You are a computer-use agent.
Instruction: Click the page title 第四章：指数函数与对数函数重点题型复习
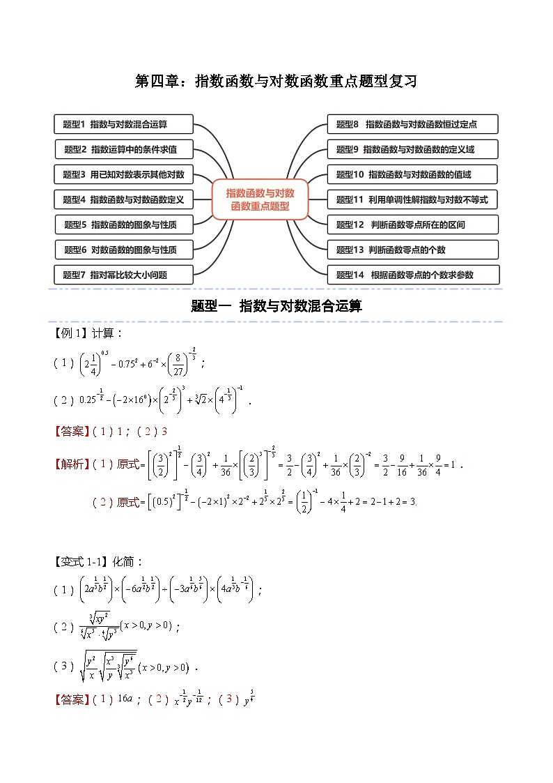tap(276, 82)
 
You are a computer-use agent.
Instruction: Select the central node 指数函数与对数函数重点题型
tap(260, 199)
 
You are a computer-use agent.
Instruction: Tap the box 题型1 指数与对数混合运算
tap(123, 124)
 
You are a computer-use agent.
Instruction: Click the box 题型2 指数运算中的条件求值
tap(124, 149)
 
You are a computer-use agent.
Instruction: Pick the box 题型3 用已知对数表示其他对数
tap(123, 174)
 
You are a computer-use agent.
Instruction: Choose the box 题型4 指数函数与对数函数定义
tap(123, 199)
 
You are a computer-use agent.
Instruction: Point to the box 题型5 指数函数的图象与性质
tap(124, 225)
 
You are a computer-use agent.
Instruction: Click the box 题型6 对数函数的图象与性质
tap(124, 250)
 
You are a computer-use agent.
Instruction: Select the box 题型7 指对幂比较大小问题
tap(123, 275)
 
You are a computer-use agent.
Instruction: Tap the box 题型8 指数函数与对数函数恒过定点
tap(412, 124)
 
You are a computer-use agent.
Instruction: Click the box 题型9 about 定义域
tap(412, 149)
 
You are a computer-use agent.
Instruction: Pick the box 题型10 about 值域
tap(412, 174)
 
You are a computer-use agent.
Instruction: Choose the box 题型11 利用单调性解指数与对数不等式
tap(412, 199)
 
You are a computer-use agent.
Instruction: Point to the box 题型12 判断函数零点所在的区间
tap(412, 225)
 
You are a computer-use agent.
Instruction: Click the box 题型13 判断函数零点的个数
tap(412, 250)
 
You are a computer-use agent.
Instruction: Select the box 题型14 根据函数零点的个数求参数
tap(412, 275)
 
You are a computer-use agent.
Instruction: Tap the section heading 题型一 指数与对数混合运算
tap(276, 305)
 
